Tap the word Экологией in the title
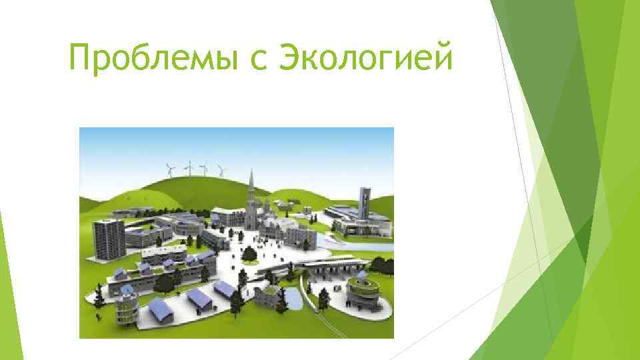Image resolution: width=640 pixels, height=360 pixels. pos(365,60)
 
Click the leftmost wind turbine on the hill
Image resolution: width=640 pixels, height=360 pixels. pos(168,169)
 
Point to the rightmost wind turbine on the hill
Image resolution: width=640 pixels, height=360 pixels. pos(220,170)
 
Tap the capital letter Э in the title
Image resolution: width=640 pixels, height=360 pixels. pos(294,60)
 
